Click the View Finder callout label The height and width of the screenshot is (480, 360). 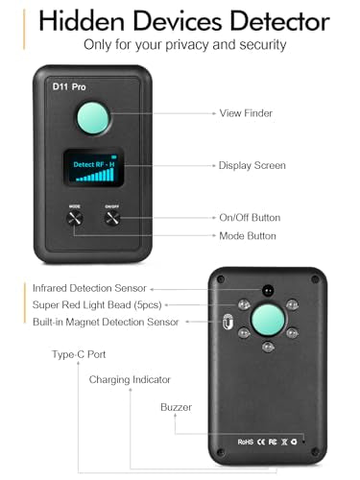coord(246,113)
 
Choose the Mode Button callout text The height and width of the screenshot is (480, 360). coord(248,235)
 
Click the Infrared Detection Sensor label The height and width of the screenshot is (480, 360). coord(88,287)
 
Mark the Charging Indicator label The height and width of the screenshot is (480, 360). coord(130,380)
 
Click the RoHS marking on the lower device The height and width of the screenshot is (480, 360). coord(247,443)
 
